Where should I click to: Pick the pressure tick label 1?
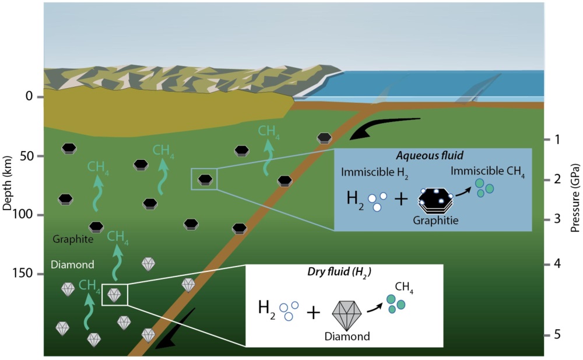[557, 139]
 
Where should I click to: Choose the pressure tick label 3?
[557, 219]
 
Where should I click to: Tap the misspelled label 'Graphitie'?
[433, 221]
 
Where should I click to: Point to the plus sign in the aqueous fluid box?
[401, 199]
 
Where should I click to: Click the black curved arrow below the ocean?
[385, 128]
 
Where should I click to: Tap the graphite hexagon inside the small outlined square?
[205, 179]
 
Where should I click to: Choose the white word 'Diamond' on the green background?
[73, 264]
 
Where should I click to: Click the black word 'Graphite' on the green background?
[73, 239]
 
